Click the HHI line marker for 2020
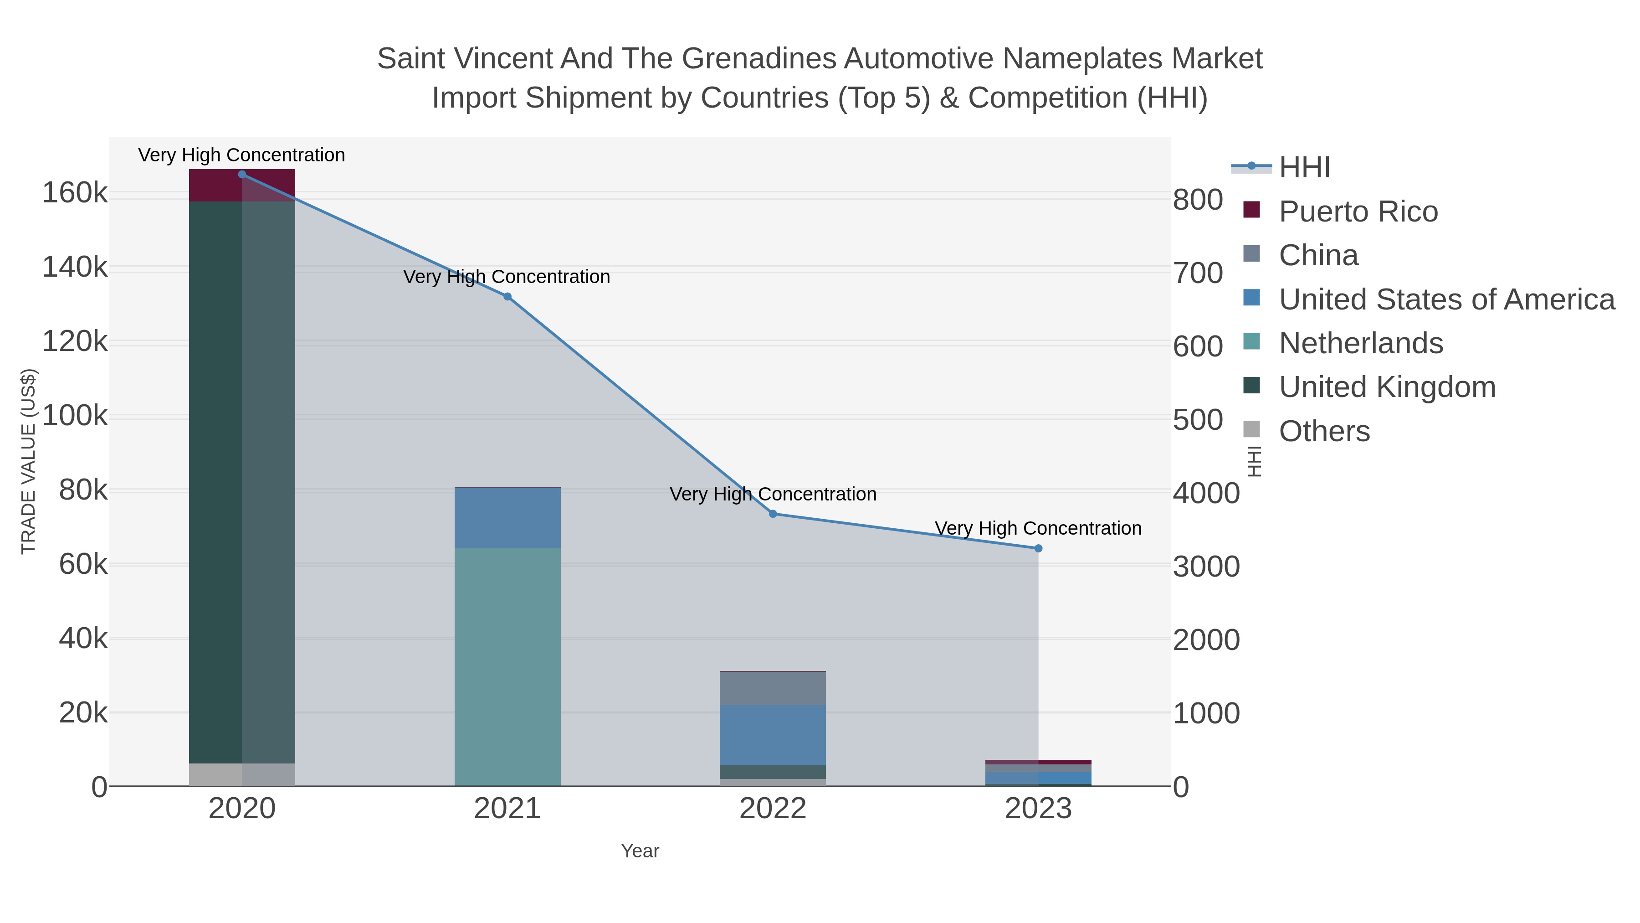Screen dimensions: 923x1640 242,175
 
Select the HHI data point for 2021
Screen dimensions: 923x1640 507,297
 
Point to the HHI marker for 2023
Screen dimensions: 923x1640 1038,548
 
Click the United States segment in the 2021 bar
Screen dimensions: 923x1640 507,518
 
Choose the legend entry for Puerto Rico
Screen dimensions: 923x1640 1358,211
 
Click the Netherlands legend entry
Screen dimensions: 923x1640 1360,343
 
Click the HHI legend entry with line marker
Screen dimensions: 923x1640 1304,168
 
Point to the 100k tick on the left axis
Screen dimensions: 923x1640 75,417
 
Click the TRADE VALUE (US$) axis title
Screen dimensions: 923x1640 29,461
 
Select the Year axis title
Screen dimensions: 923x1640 640,851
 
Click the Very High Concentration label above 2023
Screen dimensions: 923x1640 1038,529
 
